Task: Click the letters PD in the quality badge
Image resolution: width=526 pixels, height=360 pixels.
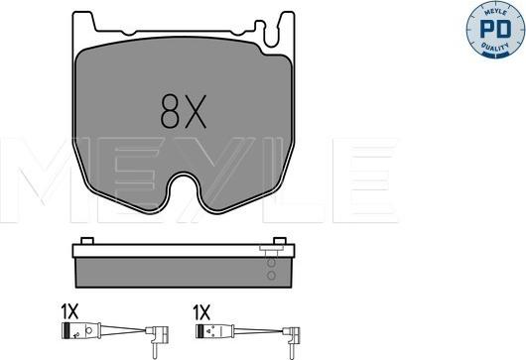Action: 495,29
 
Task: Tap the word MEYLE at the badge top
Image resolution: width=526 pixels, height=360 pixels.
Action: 495,13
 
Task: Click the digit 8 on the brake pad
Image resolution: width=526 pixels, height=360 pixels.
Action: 170,111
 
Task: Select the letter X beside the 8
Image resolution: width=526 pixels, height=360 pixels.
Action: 196,111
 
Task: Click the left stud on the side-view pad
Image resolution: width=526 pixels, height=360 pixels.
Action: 87,241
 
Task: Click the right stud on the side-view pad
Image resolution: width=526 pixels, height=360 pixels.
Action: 280,241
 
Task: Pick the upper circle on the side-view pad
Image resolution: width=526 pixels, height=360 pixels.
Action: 271,263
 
